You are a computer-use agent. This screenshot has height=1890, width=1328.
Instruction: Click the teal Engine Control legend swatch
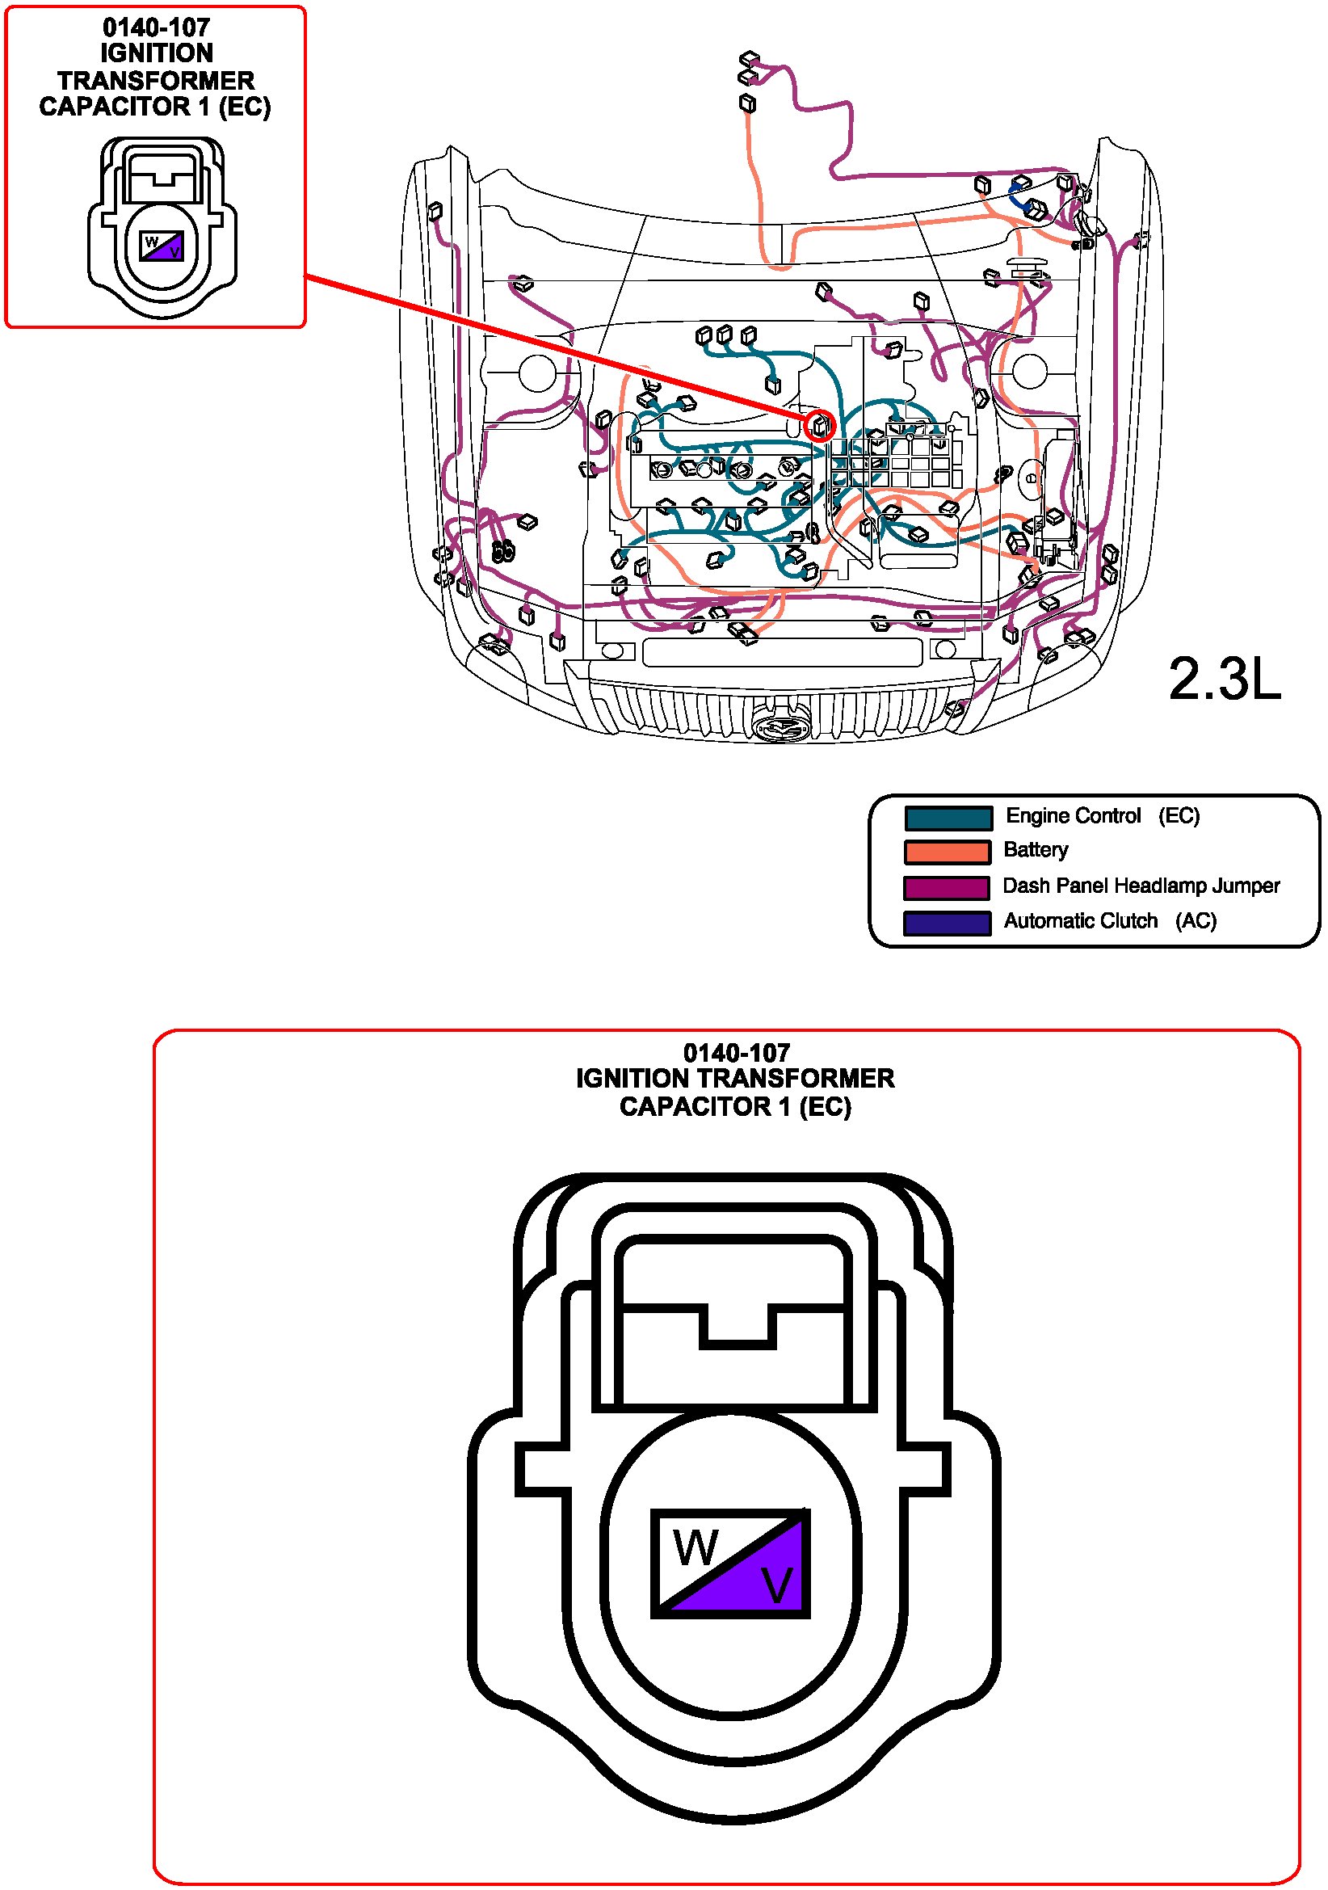point(948,818)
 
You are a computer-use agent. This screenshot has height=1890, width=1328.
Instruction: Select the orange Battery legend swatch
point(947,852)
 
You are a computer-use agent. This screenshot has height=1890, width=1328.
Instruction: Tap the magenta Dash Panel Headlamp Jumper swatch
point(946,888)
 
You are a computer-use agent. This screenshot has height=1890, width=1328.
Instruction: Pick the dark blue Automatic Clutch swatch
point(946,924)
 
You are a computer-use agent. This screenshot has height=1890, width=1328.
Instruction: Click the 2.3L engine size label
point(1225,680)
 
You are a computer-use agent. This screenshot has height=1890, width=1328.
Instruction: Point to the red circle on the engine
point(820,426)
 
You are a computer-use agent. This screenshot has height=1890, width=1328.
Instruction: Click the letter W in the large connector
point(696,1547)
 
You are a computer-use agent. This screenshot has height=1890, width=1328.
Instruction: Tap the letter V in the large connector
point(776,1585)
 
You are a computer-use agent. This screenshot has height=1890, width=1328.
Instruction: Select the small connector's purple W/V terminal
point(162,246)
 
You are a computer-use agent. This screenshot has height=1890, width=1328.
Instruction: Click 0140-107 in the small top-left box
point(157,27)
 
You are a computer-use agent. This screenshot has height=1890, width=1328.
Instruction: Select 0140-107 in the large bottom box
point(737,1053)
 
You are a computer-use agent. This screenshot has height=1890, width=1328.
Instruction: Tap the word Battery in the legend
point(1036,850)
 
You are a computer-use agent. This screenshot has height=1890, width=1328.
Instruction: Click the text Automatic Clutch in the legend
point(1080,920)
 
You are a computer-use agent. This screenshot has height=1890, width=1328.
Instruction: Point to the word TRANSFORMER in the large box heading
point(795,1079)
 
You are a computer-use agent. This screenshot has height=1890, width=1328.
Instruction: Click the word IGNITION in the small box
point(157,53)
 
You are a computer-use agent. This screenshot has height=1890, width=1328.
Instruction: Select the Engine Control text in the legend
point(1073,816)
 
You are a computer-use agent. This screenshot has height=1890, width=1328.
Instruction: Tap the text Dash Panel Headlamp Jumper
point(1141,886)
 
